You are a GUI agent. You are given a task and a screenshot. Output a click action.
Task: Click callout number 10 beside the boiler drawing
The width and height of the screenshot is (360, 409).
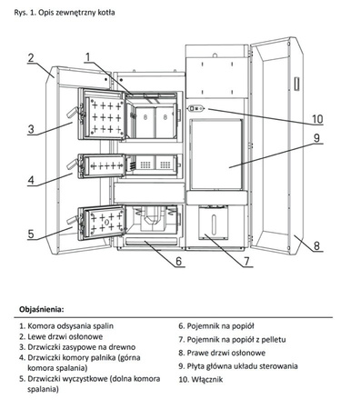pos(317,119)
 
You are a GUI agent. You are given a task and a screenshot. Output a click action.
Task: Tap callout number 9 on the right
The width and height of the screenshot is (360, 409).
pos(316,138)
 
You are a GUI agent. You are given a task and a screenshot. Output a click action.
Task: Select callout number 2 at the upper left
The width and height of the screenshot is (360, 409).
pos(31,57)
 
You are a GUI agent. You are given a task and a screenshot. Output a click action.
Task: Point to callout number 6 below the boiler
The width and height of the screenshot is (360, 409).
pos(179,261)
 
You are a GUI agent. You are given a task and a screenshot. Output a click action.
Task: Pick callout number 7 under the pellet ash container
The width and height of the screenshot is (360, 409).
pos(246,261)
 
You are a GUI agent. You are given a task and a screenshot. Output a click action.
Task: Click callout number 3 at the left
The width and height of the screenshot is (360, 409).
pos(31,129)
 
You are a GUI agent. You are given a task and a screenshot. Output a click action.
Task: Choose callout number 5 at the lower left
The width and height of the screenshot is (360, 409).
pos(31,234)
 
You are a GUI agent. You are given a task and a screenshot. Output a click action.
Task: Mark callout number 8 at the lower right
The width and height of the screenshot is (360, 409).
pos(316,245)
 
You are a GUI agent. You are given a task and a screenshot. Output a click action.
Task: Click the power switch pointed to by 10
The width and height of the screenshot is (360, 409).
pos(196,108)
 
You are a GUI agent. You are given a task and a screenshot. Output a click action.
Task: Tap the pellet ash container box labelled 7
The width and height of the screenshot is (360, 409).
pos(214,222)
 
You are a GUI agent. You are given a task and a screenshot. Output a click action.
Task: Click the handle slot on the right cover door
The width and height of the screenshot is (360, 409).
pos(296,84)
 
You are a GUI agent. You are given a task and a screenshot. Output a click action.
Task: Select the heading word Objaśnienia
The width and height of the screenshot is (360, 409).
pos(42,310)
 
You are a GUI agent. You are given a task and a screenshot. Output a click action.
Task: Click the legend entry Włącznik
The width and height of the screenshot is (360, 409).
pos(207,379)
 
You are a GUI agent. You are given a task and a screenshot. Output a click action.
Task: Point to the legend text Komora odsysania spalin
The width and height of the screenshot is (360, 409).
pos(70,326)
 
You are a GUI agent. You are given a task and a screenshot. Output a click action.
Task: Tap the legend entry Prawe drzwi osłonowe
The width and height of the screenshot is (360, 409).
pos(226,353)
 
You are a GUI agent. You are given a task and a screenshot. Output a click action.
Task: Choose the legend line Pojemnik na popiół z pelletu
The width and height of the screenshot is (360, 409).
pos(236,340)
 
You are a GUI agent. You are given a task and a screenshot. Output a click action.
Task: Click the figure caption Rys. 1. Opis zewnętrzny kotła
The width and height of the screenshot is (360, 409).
pos(65,13)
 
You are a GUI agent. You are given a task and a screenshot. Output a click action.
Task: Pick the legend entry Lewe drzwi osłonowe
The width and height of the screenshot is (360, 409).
pos(65,336)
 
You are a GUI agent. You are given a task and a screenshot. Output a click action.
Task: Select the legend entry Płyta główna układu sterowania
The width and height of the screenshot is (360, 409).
pos(242,366)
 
